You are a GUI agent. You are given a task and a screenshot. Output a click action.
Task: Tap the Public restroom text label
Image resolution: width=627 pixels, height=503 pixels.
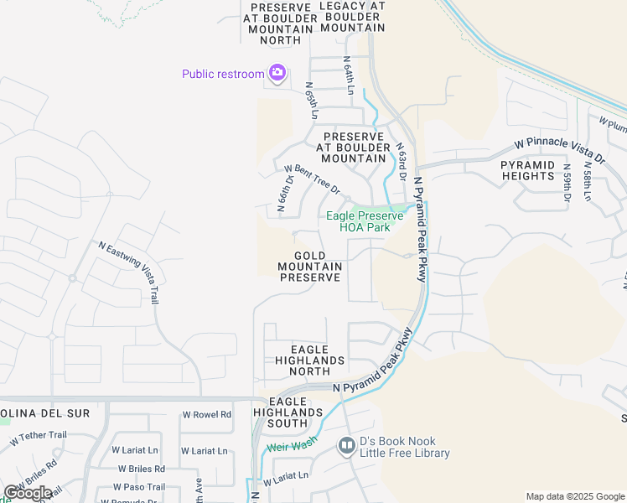point(223,75)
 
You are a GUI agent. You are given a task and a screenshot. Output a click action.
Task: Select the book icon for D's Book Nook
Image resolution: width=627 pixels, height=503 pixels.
point(346,446)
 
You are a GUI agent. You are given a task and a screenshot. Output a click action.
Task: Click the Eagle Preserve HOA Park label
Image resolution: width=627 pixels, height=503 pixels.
point(365,221)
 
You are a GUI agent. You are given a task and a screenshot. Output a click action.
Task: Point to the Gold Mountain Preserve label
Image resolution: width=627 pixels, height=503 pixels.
point(310,267)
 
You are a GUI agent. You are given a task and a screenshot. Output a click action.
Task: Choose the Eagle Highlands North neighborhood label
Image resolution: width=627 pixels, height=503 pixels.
point(317,360)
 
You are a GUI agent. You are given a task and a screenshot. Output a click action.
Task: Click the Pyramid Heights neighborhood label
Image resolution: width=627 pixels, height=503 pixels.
point(528,170)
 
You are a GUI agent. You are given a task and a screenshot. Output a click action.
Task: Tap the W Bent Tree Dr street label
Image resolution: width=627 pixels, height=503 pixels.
point(312,179)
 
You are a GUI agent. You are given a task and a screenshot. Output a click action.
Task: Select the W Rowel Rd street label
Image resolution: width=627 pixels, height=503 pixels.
point(206,414)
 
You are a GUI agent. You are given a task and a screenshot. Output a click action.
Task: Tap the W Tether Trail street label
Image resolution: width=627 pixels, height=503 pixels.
point(38,438)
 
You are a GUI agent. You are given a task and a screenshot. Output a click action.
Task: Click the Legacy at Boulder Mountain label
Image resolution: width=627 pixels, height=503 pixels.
point(352,16)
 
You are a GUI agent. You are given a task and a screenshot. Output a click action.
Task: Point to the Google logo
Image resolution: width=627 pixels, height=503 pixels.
point(27,493)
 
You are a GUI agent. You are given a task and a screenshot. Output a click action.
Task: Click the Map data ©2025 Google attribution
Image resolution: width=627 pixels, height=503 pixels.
point(575,496)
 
